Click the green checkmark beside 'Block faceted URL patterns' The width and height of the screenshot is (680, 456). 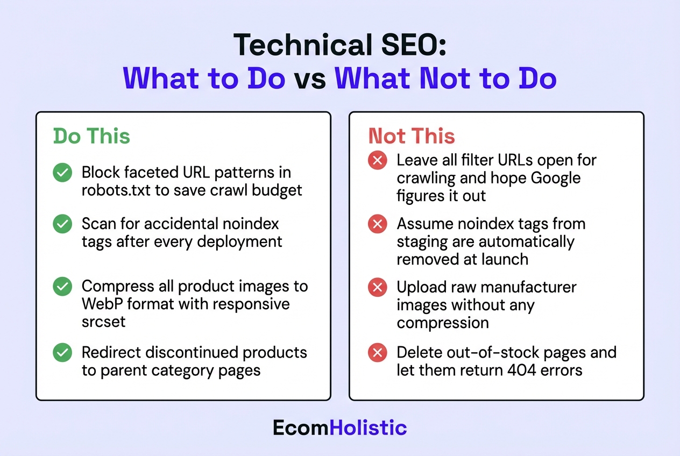[x=62, y=173]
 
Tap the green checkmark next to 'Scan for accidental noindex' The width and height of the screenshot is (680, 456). [x=62, y=224]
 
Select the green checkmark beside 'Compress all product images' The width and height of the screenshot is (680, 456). [x=62, y=287]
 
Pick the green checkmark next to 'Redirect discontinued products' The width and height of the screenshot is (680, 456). [x=62, y=353]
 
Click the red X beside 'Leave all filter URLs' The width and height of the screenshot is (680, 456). [x=378, y=161]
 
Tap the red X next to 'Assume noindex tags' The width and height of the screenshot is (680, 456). [x=378, y=224]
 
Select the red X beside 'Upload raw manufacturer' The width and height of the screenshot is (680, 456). [x=378, y=287]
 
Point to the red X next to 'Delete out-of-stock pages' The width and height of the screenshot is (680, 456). [x=378, y=353]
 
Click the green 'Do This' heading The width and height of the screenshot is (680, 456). [x=91, y=136]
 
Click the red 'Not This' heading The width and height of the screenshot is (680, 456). [x=412, y=136]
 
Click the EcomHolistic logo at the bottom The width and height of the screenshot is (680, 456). [x=339, y=427]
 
